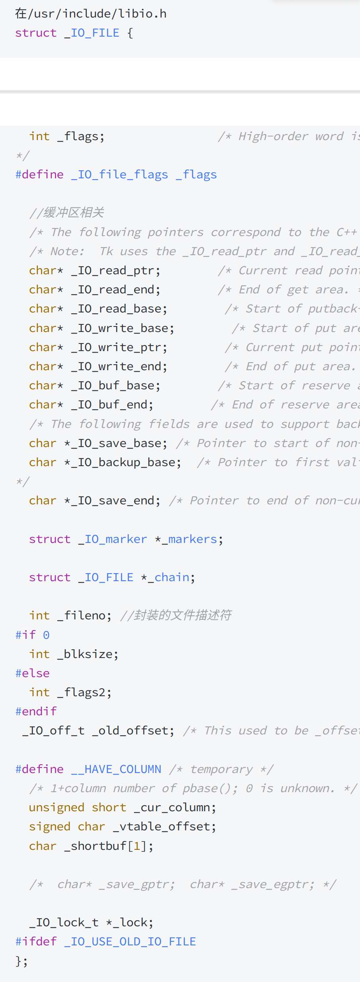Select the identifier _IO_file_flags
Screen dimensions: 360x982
pos(119,175)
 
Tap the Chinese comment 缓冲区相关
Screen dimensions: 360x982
pos(74,213)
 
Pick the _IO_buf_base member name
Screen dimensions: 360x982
pos(113,386)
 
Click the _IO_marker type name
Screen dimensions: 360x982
pos(113,539)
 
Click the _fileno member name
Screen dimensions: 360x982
pos(84,616)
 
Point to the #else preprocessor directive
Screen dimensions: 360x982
pos(33,674)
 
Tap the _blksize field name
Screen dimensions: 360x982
pos(88,654)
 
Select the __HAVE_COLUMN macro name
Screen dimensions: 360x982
pos(116,769)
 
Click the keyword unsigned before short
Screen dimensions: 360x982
pos(57,808)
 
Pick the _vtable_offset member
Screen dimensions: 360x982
pos(162,827)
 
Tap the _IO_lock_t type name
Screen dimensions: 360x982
pos(64,923)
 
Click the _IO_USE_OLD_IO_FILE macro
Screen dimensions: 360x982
pos(130,942)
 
